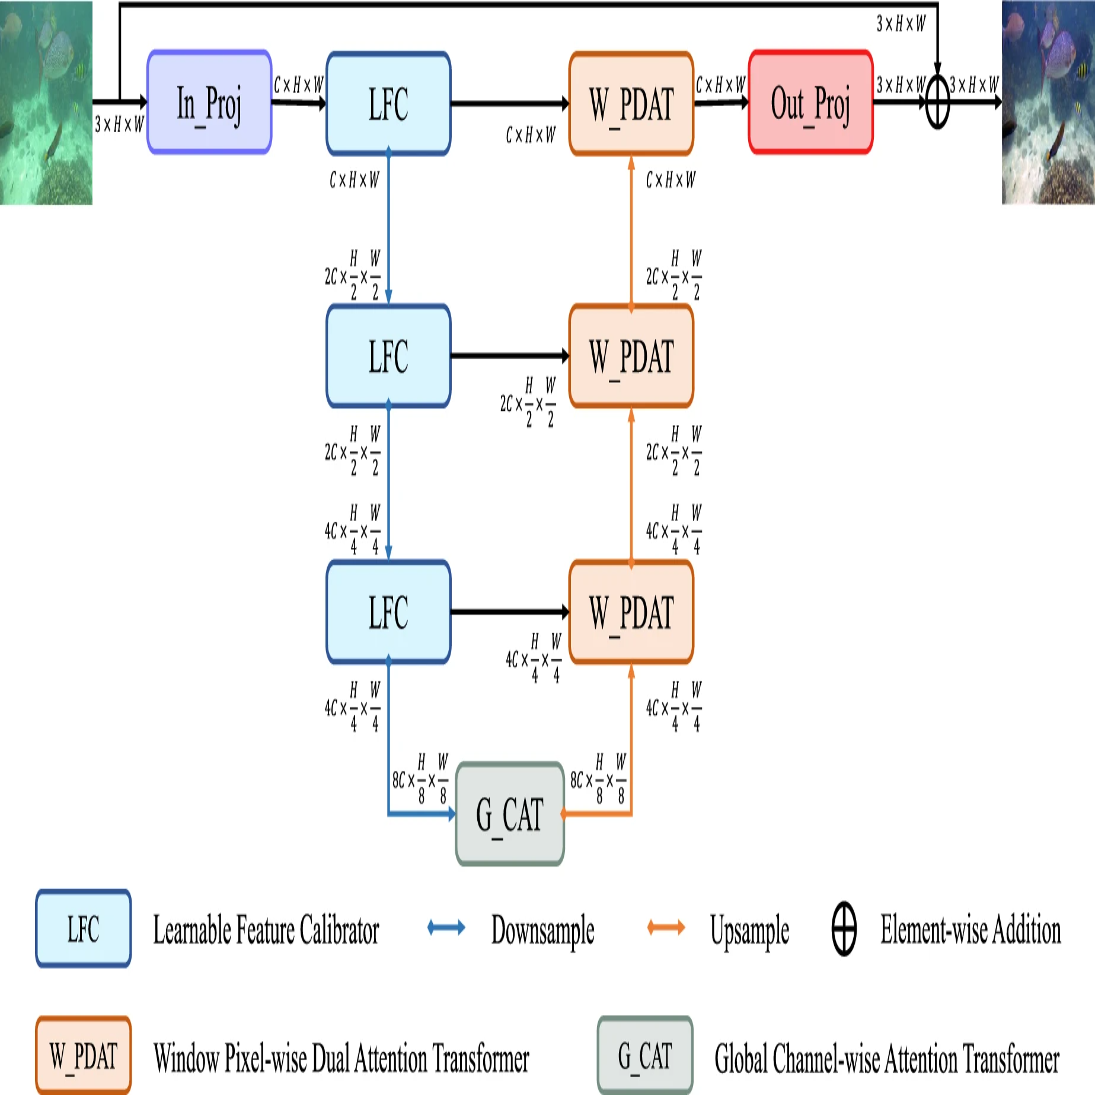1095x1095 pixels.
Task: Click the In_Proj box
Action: pos(209,103)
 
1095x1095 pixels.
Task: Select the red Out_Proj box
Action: pos(810,103)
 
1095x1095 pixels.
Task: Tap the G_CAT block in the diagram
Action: pos(510,813)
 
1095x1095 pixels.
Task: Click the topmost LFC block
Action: pos(388,104)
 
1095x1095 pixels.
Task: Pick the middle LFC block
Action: pos(388,356)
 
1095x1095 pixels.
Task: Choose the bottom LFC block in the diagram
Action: pos(388,612)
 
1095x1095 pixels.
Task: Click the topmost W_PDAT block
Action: pos(631,104)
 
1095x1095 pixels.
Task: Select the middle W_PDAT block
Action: pos(631,356)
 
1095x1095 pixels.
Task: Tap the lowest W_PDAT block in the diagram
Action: pos(631,612)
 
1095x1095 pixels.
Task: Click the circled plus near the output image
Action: pos(937,103)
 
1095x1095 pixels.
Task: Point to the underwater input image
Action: pos(46,103)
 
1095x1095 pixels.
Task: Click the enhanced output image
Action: pos(1048,103)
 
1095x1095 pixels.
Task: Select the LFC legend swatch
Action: pos(84,928)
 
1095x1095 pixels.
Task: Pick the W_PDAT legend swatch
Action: pos(84,1056)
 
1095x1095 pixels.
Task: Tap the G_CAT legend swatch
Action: pos(645,1056)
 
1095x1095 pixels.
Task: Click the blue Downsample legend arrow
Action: pos(446,928)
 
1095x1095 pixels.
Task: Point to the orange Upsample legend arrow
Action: pos(666,928)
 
